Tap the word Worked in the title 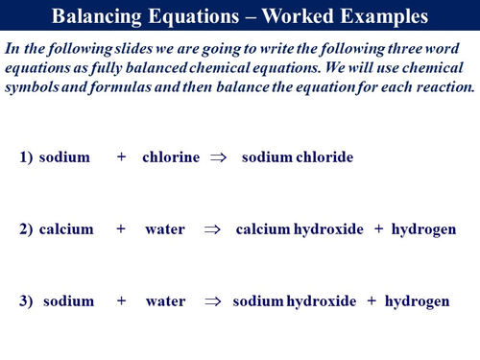[289, 17]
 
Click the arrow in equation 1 [218, 157]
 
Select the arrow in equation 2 [212, 229]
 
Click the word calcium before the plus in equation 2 [66, 229]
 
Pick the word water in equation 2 [164, 229]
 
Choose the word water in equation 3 [164, 301]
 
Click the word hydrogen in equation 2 [423, 229]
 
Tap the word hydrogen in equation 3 [417, 301]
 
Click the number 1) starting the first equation [27, 157]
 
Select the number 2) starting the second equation [27, 229]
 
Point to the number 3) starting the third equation [27, 301]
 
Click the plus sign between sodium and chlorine [121, 157]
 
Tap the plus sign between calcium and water [121, 229]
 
